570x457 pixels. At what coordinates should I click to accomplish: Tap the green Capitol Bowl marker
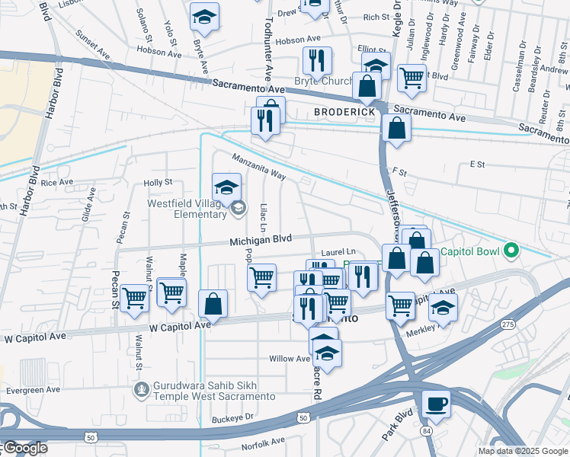(512, 250)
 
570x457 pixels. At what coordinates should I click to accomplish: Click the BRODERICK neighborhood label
(345, 112)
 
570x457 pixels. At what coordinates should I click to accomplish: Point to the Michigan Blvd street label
(261, 241)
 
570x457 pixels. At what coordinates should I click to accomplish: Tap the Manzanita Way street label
(259, 166)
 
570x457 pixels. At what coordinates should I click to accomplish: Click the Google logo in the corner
(24, 448)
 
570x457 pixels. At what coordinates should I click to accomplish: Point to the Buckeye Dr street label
(233, 418)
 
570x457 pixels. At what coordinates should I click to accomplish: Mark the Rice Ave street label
(57, 183)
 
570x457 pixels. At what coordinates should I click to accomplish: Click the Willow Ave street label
(289, 358)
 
